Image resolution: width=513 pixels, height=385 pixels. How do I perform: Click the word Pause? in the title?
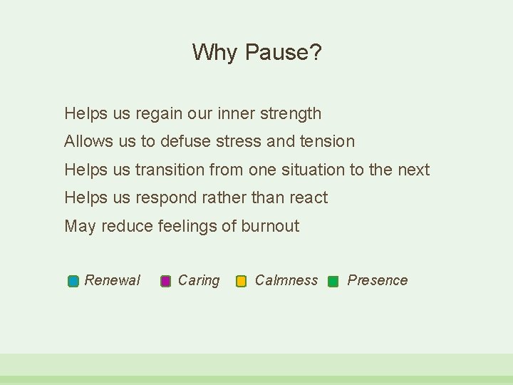(x=283, y=52)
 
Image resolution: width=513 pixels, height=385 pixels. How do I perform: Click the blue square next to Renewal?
(x=73, y=281)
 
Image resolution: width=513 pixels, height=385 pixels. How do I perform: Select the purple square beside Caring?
(x=166, y=281)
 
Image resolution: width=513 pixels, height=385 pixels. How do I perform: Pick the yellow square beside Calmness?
(x=242, y=281)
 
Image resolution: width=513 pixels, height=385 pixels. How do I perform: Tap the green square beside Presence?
(x=333, y=281)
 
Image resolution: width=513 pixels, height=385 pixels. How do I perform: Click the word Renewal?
(x=113, y=280)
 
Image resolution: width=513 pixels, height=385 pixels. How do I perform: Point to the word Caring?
(x=199, y=280)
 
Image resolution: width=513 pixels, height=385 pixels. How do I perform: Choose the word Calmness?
(x=286, y=280)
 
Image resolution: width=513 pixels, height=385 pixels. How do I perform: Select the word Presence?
(x=378, y=280)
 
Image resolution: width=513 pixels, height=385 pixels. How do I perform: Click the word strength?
(x=291, y=113)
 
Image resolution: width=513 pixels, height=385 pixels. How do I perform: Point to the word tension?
(x=328, y=141)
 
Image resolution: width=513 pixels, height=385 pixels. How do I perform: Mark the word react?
(x=309, y=197)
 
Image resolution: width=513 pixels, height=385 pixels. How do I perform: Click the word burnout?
(x=270, y=227)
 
